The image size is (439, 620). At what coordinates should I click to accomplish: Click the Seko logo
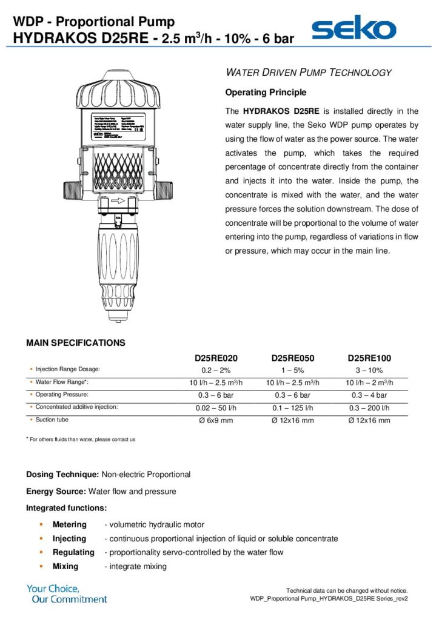point(354,28)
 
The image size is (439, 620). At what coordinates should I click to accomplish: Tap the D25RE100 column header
point(369,358)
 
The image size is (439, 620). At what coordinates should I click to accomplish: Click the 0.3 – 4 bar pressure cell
point(369,395)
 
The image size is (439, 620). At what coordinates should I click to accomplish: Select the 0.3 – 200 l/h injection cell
point(369,408)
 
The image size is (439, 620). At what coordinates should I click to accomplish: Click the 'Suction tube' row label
point(52,420)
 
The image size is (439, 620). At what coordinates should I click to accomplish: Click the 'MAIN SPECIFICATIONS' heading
point(76,343)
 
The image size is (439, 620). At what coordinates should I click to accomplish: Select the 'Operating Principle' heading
point(266,93)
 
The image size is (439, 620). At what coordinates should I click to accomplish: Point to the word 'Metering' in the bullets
point(69,524)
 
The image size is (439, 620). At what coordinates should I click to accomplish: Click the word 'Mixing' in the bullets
point(65,566)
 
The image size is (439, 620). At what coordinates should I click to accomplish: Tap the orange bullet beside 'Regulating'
point(41,552)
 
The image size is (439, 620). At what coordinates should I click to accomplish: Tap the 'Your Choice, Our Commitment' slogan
point(67,593)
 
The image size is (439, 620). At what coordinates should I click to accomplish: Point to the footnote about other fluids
point(81,439)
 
